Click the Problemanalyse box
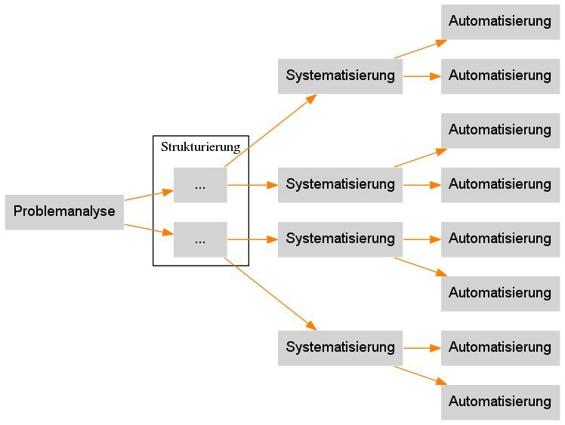tap(64, 211)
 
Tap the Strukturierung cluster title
tap(200, 146)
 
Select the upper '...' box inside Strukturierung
tap(200, 184)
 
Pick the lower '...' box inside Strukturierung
tap(200, 239)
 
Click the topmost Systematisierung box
tap(340, 75)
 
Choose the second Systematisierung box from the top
tap(340, 184)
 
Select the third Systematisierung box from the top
tap(340, 239)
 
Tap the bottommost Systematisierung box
tap(340, 347)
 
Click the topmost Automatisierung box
tap(500, 21)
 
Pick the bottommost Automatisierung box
tap(500, 402)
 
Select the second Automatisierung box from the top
tap(500, 75)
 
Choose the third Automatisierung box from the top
tap(500, 130)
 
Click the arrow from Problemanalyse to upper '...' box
tap(148, 195)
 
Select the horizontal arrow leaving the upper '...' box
tap(252, 184)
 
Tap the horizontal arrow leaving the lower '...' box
tap(252, 239)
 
